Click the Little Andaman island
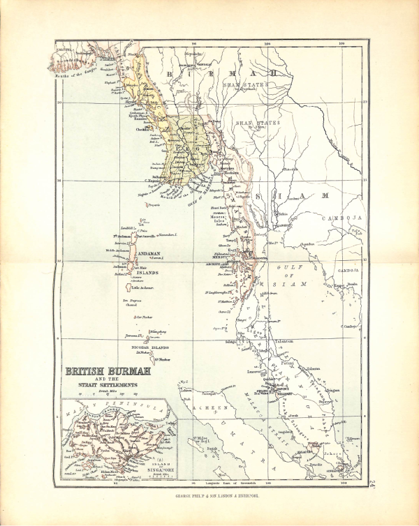click(x=138, y=287)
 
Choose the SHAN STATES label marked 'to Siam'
click(x=253, y=123)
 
